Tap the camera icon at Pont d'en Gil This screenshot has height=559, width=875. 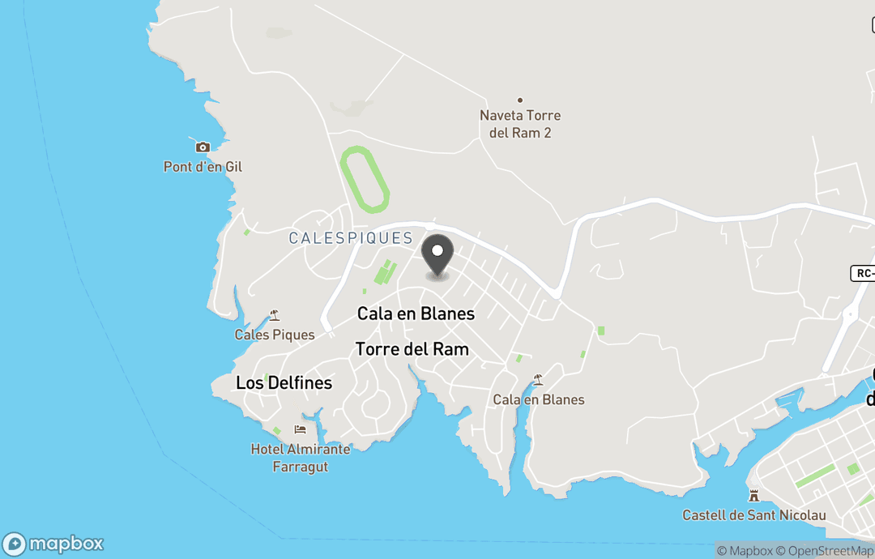tap(203, 147)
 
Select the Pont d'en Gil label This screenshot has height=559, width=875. tap(203, 167)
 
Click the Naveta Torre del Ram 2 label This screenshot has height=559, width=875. tap(520, 124)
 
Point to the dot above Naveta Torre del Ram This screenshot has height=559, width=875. tap(520, 100)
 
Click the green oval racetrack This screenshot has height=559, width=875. tap(365, 179)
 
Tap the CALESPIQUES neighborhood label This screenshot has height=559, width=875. tap(351, 238)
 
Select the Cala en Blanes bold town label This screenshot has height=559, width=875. tap(416, 314)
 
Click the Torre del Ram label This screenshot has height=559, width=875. tap(412, 349)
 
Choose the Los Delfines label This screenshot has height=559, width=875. tap(284, 382)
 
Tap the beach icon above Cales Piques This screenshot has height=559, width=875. tap(275, 316)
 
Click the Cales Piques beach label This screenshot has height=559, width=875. tap(275, 335)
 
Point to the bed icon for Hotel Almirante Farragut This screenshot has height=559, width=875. tap(301, 429)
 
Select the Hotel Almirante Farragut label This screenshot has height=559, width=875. tap(301, 458)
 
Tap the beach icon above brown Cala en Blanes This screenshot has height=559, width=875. tap(538, 380)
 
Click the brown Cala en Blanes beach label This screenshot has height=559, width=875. tap(539, 399)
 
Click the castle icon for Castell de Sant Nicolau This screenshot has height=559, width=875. tap(754, 495)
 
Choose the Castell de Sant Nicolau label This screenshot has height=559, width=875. tap(754, 515)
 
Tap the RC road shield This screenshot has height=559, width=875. tap(864, 273)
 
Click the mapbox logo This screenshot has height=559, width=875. tap(53, 544)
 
